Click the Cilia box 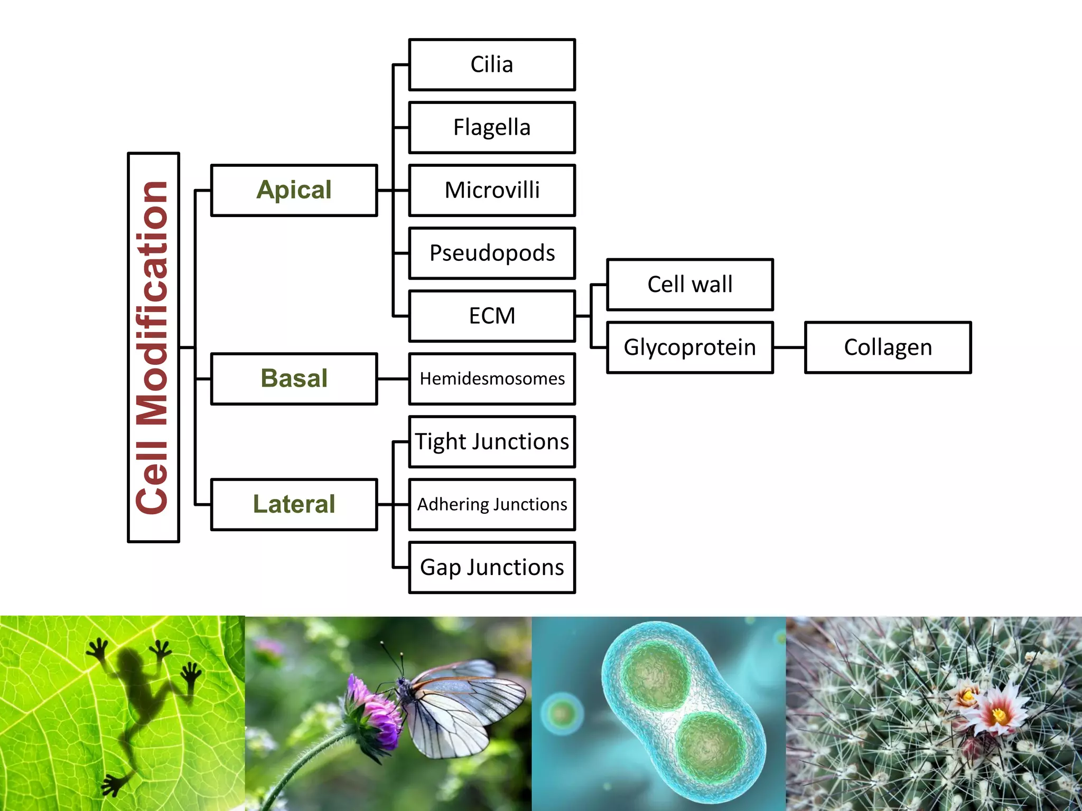click(492, 64)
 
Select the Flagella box click(492, 127)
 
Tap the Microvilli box click(492, 190)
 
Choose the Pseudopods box click(492, 253)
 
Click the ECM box click(492, 316)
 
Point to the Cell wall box click(690, 285)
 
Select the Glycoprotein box click(690, 347)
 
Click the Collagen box click(888, 347)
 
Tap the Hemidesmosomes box click(492, 379)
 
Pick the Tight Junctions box click(492, 441)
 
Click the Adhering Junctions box click(492, 504)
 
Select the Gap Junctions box click(492, 567)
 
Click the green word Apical click(294, 190)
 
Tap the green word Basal click(294, 379)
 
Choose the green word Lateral click(294, 504)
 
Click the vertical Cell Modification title click(153, 347)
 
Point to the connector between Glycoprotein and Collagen click(789, 347)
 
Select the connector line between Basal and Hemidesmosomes click(393, 379)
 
